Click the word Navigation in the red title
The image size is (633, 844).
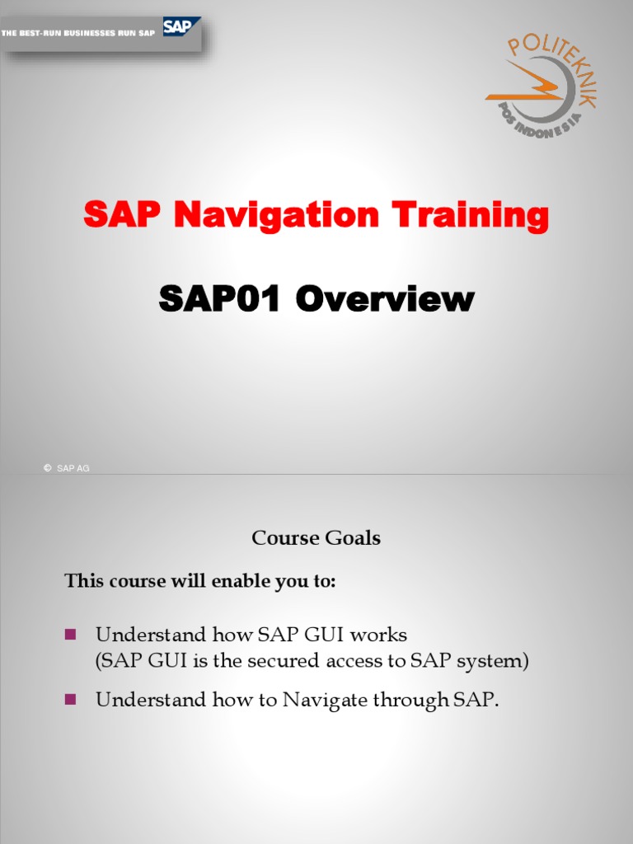[277, 216]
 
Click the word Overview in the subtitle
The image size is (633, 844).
[385, 299]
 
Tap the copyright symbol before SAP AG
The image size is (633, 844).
[47, 468]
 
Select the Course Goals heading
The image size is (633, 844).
[316, 538]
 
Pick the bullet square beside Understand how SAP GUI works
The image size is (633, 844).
[70, 634]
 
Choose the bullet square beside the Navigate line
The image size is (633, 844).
[70, 699]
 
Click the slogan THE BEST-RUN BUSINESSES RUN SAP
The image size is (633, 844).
[78, 33]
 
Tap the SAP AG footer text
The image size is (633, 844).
[73, 468]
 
